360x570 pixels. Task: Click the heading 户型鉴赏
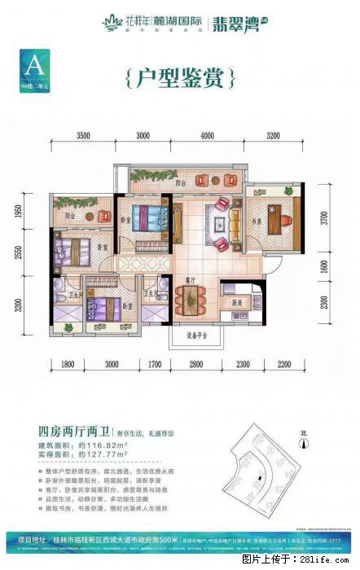(182, 78)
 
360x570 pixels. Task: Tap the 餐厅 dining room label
(187, 278)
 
